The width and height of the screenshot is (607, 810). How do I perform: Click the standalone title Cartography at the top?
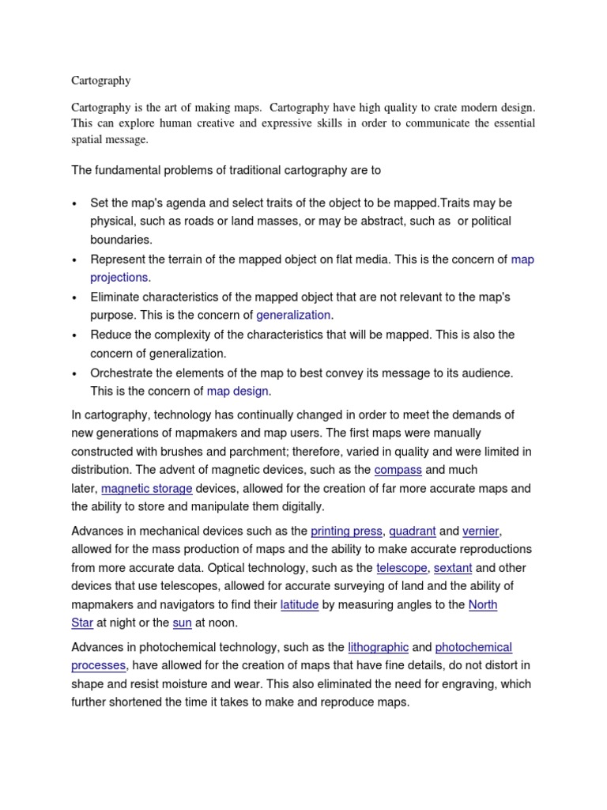[101, 81]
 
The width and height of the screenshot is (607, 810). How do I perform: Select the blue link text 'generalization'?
[292, 315]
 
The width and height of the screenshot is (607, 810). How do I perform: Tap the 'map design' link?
[238, 391]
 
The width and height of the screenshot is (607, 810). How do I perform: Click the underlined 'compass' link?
[398, 470]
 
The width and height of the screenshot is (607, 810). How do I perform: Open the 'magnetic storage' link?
[147, 489]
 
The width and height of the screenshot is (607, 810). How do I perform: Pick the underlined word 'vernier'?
[481, 530]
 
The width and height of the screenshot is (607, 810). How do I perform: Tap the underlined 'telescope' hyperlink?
[402, 568]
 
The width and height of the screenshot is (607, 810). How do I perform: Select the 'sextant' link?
[453, 568]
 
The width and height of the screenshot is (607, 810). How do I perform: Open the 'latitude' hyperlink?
[300, 605]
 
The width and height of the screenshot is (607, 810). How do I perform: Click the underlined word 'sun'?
[182, 624]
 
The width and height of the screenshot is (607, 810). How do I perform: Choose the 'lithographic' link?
[378, 647]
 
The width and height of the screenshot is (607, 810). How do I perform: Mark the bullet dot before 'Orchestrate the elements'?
[74, 373]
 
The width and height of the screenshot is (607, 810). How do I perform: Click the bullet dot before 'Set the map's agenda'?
[74, 203]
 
